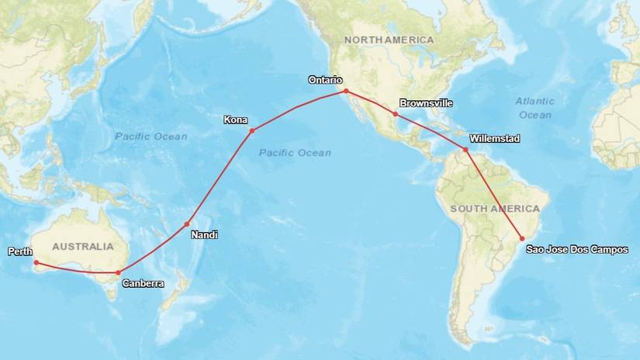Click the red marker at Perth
(36, 262)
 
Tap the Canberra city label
(143, 284)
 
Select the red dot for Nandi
(187, 224)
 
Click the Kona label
(236, 119)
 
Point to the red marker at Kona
(251, 130)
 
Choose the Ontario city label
(325, 80)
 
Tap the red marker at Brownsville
(396, 115)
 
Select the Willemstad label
(494, 138)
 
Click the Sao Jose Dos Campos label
(576, 249)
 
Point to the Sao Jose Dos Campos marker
(522, 238)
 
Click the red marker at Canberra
(117, 272)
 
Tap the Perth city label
(19, 251)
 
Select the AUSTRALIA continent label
(82, 246)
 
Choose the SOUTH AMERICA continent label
(495, 209)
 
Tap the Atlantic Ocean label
(534, 108)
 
